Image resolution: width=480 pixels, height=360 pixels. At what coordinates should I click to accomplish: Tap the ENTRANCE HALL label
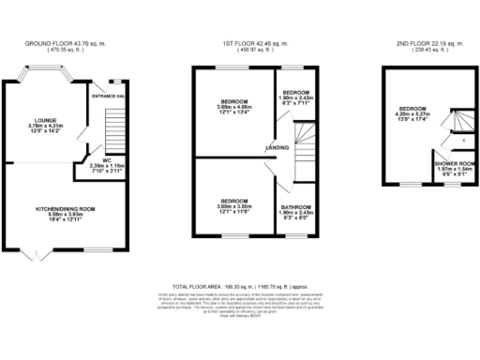point(110,97)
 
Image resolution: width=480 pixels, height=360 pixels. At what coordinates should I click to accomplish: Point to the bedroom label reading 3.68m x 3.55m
point(233,202)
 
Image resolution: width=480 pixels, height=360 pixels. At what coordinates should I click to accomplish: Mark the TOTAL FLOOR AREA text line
point(240,282)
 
